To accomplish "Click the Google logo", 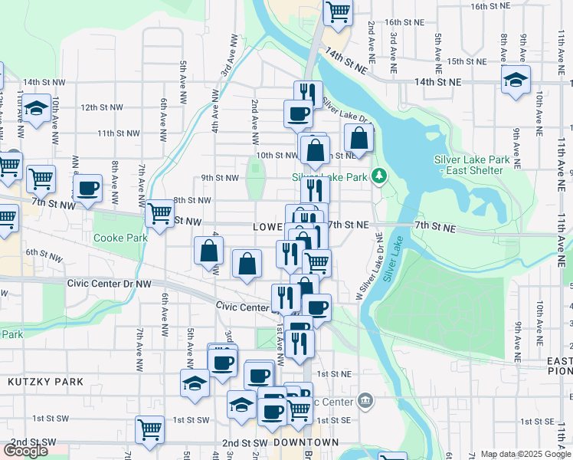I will pyautogui.click(x=25, y=451).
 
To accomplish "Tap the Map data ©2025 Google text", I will pyautogui.click(x=525, y=455).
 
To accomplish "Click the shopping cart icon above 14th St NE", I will pyautogui.click(x=338, y=12).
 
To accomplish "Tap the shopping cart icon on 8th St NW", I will pyautogui.click(x=159, y=213).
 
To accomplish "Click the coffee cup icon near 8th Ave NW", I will pyautogui.click(x=87, y=188).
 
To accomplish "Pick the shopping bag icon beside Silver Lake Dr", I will pyautogui.click(x=359, y=139).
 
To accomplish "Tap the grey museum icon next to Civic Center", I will pyautogui.click(x=365, y=401).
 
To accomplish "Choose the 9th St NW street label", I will pyautogui.click(x=220, y=178).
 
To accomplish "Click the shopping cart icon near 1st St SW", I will pyautogui.click(x=149, y=429).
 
